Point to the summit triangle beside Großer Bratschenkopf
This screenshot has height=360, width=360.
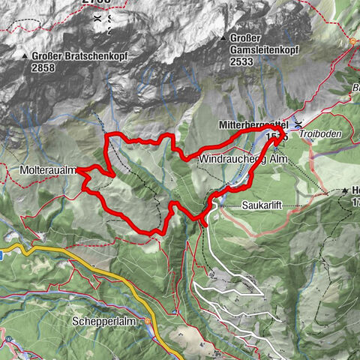coord(25,55)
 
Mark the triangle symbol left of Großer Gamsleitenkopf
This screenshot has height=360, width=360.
coord(223,38)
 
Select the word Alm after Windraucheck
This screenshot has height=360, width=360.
coord(279,160)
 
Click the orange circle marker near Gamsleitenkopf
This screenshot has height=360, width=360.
coord(355,42)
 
